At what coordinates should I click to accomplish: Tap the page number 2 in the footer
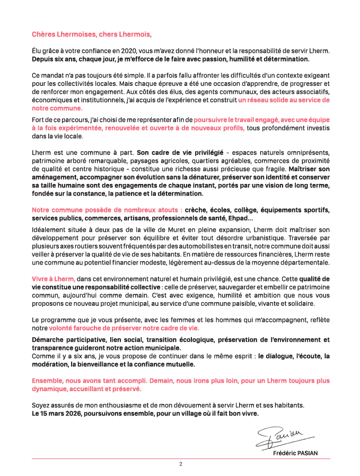point(180,464)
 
